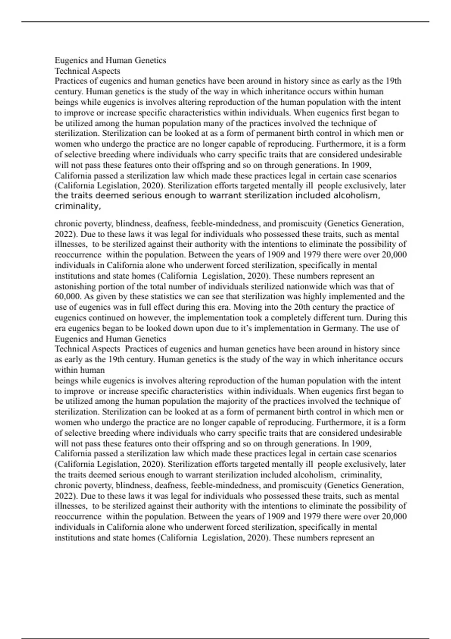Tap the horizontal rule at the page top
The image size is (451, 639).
(x=225, y=22)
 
